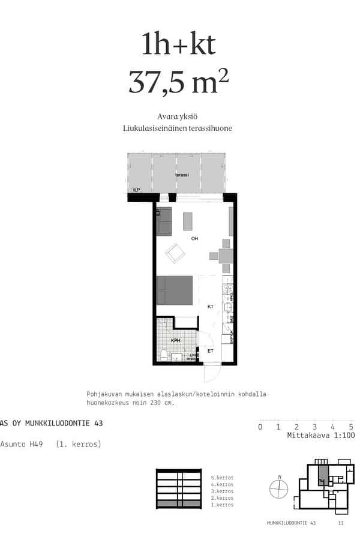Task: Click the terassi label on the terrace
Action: (182, 175)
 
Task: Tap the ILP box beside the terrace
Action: (137, 190)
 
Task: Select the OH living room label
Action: (194, 239)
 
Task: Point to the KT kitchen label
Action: (211, 307)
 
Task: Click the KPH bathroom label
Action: (175, 341)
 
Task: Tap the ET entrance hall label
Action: (210, 352)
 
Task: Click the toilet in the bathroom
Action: (163, 354)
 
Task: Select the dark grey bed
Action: (175, 290)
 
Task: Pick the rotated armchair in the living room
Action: (176, 254)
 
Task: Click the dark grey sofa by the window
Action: (164, 221)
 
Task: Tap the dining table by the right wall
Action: (226, 256)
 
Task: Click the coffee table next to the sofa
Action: (188, 221)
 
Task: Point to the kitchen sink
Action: (228, 308)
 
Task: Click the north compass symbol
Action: (279, 489)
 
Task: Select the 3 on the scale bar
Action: (314, 427)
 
